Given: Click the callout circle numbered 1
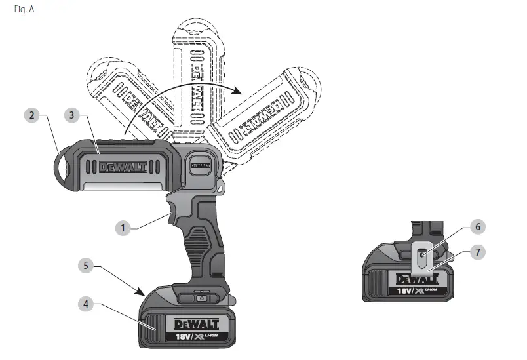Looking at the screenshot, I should (x=122, y=228).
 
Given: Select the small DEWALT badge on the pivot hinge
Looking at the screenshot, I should (x=200, y=166).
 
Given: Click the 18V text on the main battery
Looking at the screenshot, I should (x=185, y=337).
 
